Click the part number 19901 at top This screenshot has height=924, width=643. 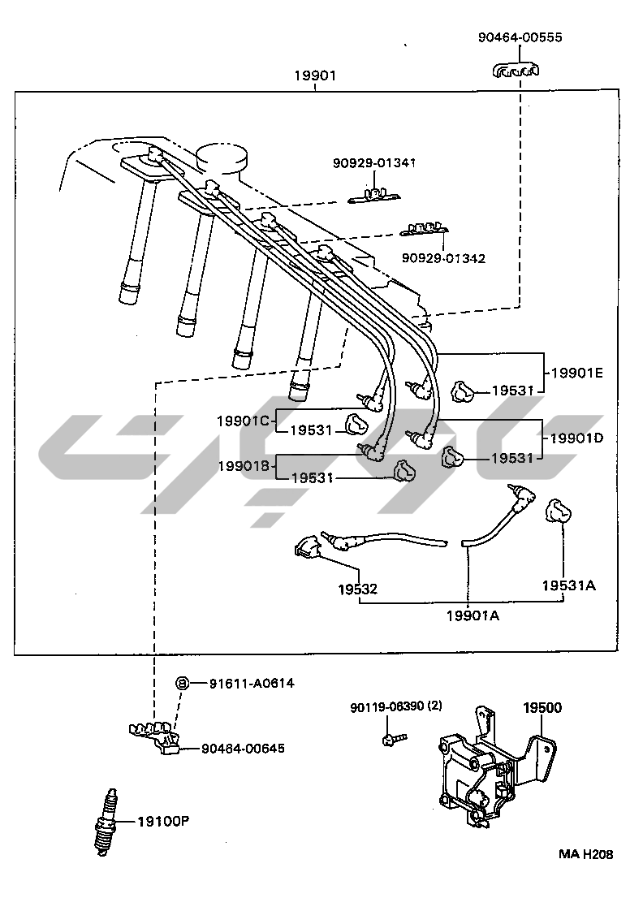click(315, 76)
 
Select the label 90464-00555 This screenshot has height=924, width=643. click(520, 37)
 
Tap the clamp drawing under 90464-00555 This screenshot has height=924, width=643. click(516, 71)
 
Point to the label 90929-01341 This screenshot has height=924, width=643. click(373, 162)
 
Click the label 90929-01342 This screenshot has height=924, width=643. click(443, 258)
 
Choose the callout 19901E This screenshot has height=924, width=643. click(577, 373)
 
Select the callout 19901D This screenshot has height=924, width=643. click(577, 438)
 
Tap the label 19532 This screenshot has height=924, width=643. click(358, 589)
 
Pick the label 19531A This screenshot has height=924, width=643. click(569, 585)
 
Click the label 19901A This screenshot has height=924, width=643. click(473, 615)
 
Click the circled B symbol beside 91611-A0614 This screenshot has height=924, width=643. click(183, 683)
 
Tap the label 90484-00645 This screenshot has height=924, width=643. click(243, 748)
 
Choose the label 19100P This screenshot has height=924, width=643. click(162, 821)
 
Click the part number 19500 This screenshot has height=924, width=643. click(542, 708)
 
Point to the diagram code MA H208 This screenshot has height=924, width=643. click(585, 854)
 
